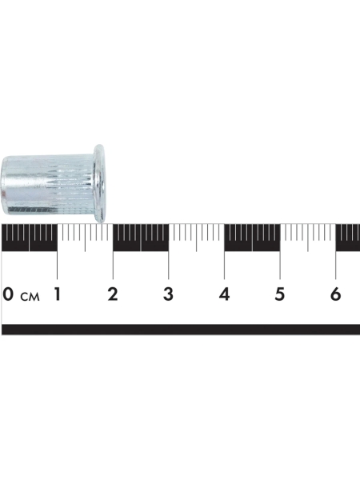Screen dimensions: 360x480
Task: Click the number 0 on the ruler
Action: coord(8,294)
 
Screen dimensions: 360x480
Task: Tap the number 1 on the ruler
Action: coord(57,294)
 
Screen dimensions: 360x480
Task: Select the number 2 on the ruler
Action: coord(113,294)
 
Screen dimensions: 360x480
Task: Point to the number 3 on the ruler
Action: coord(168,294)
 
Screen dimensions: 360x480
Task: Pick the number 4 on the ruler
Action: coord(224,294)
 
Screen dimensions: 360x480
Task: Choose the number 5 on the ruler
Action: coord(279,294)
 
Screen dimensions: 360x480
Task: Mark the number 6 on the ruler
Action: coord(335,294)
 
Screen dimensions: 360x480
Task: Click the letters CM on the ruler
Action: coord(30,297)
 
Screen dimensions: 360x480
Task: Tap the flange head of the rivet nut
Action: coord(100,183)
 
